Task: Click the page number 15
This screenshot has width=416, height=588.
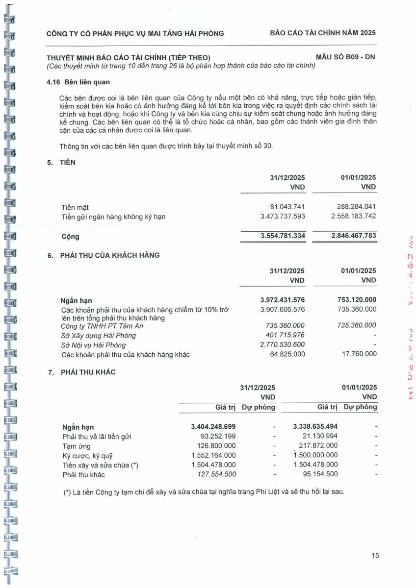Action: pyautogui.click(x=375, y=555)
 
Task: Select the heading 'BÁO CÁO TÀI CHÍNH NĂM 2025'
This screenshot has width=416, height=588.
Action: pyautogui.click(x=323, y=33)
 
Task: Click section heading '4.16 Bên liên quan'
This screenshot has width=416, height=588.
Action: pyautogui.click(x=78, y=82)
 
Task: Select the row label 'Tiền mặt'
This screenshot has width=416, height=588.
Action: pyautogui.click(x=75, y=208)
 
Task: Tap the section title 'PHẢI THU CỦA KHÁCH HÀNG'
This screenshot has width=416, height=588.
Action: pyautogui.click(x=110, y=255)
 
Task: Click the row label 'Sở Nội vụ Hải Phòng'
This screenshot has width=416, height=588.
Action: pyautogui.click(x=93, y=345)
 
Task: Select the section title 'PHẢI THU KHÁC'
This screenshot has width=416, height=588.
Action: pyautogui.click(x=88, y=372)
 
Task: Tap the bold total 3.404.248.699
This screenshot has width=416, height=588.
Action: pyautogui.click(x=213, y=427)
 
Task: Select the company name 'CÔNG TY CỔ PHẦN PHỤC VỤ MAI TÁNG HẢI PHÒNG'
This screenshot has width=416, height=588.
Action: pyautogui.click(x=135, y=33)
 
